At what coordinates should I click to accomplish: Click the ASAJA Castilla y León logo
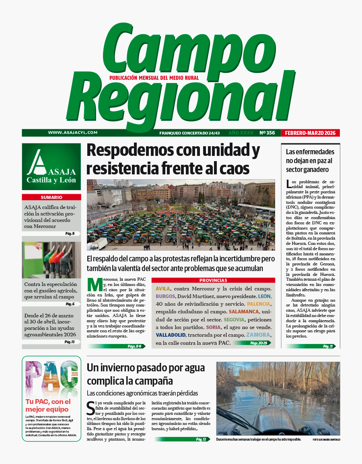[51, 167]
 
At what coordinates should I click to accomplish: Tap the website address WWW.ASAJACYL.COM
[73, 133]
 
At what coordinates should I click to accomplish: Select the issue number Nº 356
[267, 133]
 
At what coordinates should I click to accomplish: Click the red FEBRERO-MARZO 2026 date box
[310, 133]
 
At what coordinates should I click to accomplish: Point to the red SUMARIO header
[51, 197]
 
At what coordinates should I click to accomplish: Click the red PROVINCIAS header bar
[213, 280]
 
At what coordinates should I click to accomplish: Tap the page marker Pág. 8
[70, 234]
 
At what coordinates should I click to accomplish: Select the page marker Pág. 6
[70, 304]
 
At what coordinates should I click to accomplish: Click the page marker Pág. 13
[70, 342]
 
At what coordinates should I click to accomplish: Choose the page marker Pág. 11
[328, 346]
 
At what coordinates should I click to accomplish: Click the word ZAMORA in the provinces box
[258, 335]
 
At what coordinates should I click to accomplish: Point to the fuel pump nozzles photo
[51, 260]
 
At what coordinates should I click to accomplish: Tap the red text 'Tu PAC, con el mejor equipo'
[48, 405]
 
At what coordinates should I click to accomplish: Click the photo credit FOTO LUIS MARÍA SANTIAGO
[326, 439]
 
